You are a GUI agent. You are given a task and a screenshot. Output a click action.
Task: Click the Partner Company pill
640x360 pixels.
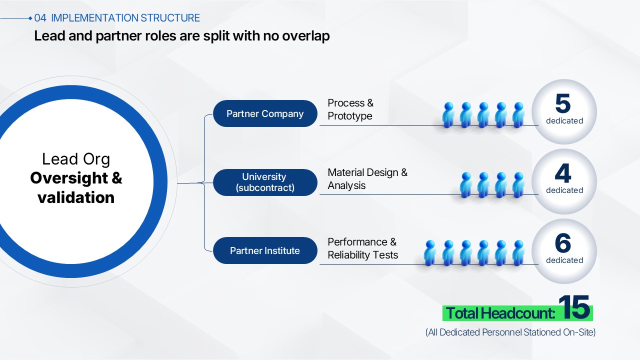coord(265,113)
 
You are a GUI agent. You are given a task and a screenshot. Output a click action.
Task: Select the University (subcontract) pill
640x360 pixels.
coord(265,182)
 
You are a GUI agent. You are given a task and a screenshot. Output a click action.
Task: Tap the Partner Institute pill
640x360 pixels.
coord(265,250)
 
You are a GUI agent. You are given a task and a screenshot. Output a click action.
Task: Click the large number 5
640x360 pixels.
coord(563,103)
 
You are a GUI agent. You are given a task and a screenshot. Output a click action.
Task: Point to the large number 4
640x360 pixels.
coord(563,173)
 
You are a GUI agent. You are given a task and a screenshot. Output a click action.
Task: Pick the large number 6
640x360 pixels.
coord(563,243)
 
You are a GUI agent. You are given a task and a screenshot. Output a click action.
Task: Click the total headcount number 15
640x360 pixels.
coord(574,307)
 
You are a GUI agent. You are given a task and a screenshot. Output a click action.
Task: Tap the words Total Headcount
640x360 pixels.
coord(500,313)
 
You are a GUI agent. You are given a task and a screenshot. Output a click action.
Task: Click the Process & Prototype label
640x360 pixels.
coord(350,109)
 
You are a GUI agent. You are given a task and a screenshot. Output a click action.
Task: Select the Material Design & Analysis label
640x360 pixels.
coord(367,179)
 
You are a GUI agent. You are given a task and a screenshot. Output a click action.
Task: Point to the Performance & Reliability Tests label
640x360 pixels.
coord(363,248)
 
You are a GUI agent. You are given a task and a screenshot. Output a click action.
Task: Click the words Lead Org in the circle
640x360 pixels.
coord(76,159)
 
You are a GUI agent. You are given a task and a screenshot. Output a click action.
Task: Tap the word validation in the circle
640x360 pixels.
coord(76,197)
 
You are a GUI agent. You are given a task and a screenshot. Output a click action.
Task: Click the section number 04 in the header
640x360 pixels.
coord(40,18)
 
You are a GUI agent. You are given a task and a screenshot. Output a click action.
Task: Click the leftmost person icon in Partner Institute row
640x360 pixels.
coord(429,253)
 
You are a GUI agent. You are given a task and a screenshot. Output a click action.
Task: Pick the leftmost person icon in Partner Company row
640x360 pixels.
coord(448,115)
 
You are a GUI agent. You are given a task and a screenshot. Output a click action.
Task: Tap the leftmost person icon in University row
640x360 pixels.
coord(465,185)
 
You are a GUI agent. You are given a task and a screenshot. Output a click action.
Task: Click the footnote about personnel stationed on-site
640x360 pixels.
coord(510,332)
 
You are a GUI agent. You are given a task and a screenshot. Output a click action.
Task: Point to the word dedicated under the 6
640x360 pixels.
coord(564,260)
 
